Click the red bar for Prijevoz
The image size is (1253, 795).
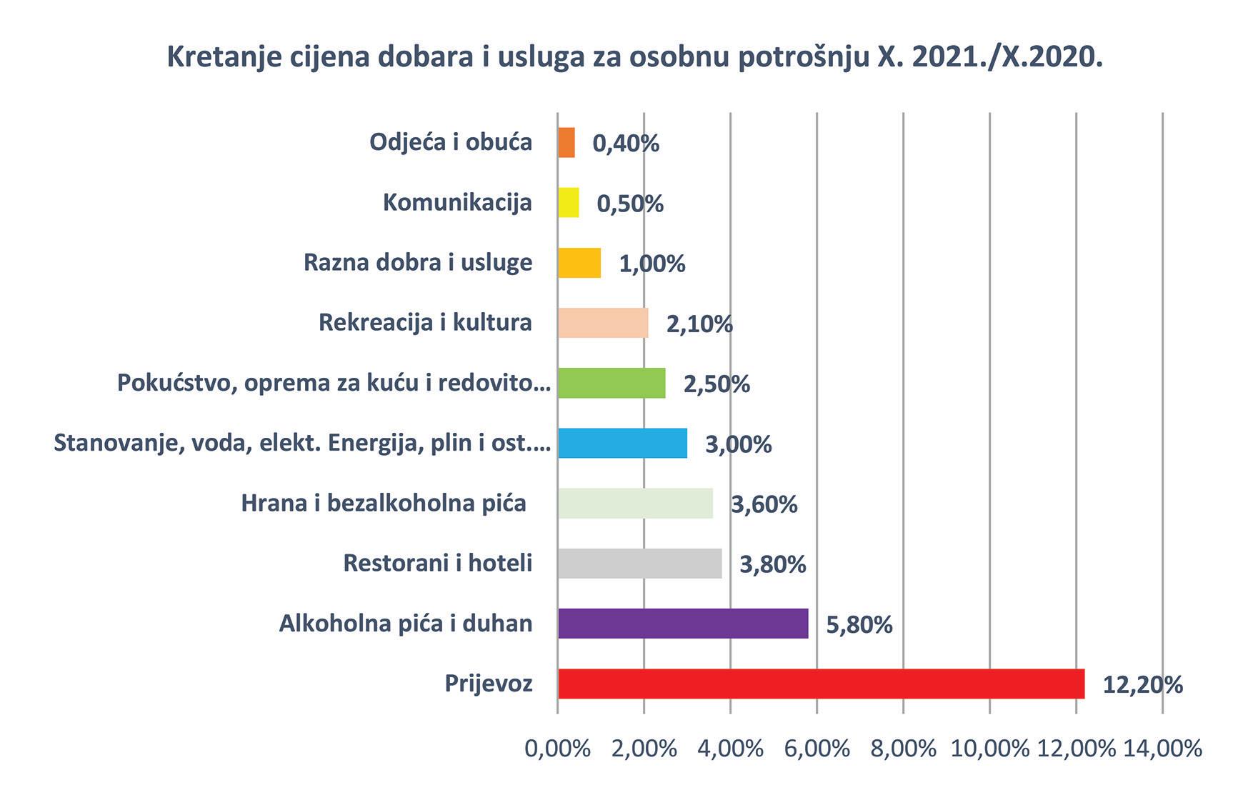822,684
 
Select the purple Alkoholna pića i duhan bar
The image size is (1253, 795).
683,624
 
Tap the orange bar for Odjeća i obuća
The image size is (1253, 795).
566,143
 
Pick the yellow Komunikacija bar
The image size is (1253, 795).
569,203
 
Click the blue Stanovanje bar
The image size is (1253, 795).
622,443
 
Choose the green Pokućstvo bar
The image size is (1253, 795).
611,383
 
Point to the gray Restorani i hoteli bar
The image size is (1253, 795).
640,564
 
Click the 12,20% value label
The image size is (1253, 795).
1143,685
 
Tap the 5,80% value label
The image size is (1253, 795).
859,625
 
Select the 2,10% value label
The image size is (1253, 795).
699,324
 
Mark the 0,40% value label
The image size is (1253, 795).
626,144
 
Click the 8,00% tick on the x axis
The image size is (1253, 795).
903,749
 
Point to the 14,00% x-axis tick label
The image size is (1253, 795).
1163,749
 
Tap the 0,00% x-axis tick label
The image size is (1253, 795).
558,749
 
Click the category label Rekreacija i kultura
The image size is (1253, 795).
425,323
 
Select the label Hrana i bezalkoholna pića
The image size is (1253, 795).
384,504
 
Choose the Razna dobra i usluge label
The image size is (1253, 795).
418,263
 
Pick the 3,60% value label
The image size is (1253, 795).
764,505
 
